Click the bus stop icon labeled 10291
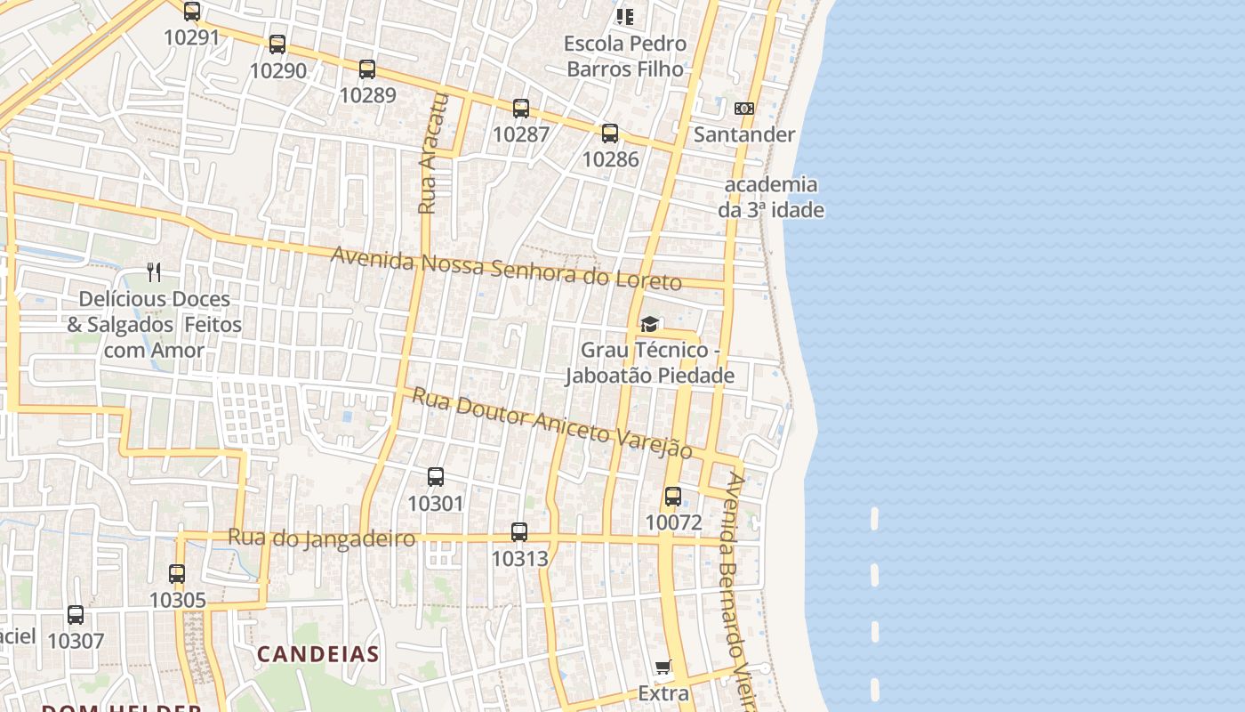[192, 12]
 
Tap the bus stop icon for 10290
[277, 44]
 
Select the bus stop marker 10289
[367, 69]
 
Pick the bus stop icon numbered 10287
[521, 109]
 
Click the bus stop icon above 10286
[610, 133]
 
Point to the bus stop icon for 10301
[436, 477]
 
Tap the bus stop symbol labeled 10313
[519, 532]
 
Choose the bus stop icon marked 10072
[673, 497]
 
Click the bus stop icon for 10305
[177, 574]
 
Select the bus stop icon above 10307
[76, 615]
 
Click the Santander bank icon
[744, 109]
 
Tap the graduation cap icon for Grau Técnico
[649, 324]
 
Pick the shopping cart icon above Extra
[663, 667]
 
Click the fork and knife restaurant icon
[155, 272]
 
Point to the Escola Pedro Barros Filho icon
[625, 16]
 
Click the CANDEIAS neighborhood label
[318, 654]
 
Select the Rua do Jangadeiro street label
[322, 538]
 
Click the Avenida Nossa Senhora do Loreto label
[506, 269]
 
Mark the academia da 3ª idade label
[771, 198]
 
